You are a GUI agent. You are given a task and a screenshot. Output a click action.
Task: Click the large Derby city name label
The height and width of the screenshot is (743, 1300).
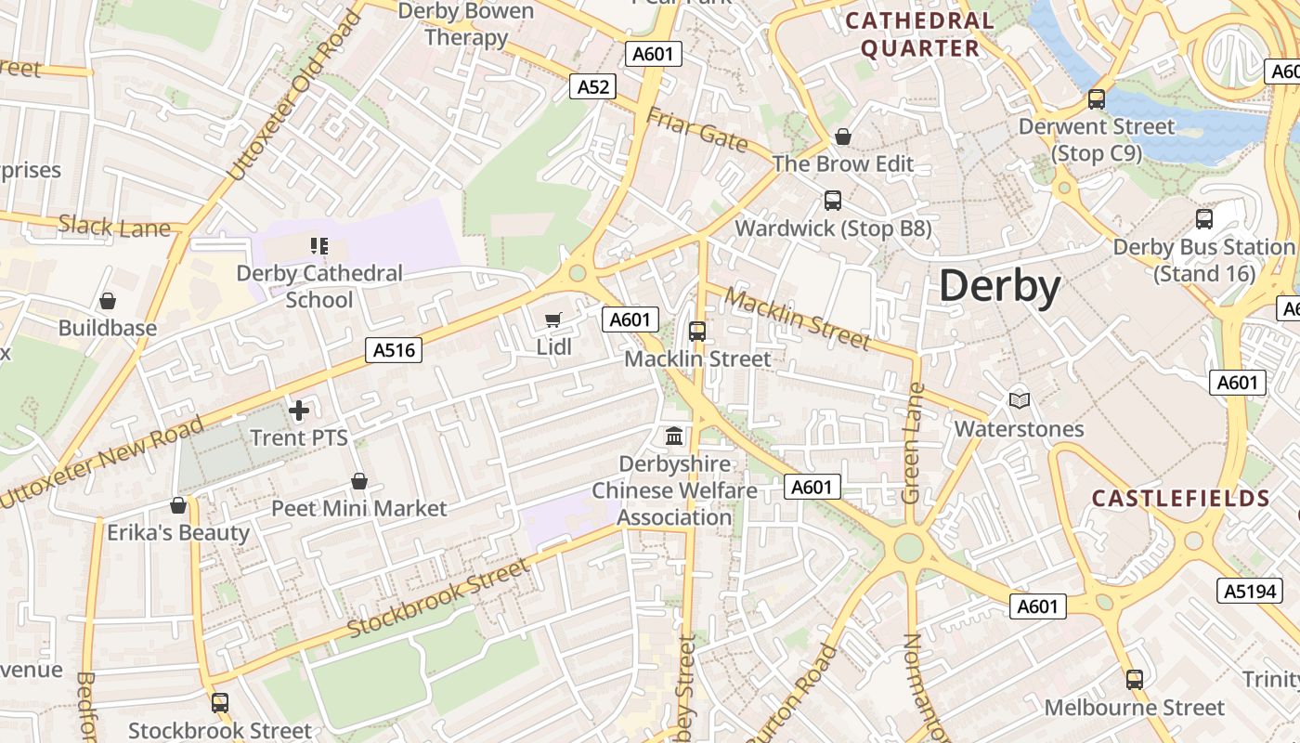click(1000, 286)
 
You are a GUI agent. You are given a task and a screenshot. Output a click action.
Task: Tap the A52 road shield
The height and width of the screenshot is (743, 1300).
click(593, 86)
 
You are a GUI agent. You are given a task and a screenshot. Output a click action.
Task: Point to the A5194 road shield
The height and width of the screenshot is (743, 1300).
click(1250, 591)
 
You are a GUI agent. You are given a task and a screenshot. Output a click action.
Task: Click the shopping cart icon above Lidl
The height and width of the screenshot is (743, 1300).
click(553, 320)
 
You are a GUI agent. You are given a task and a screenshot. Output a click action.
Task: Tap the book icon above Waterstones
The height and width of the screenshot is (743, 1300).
click(1020, 400)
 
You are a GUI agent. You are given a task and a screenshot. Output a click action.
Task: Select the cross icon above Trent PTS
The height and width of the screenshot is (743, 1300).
click(299, 410)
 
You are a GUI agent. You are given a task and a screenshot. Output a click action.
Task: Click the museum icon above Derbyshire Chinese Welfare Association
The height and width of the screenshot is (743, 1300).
click(675, 435)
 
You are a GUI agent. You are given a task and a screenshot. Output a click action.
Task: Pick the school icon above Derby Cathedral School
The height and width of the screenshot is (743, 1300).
click(319, 246)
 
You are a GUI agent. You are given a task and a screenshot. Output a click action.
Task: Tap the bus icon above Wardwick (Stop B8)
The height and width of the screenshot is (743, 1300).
click(833, 201)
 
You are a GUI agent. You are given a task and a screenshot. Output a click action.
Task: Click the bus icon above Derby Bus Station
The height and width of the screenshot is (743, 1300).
click(1204, 219)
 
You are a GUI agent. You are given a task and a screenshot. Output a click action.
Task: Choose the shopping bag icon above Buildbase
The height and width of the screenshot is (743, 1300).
click(108, 301)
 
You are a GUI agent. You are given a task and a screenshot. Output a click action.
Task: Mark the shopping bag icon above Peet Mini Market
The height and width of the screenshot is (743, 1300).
click(359, 481)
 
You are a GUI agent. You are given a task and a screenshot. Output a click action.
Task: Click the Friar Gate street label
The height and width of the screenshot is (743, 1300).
click(696, 129)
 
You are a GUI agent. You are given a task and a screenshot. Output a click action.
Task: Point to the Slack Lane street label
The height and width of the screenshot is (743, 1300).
click(114, 226)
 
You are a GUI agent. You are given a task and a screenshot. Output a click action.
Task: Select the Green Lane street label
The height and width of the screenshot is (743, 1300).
click(913, 443)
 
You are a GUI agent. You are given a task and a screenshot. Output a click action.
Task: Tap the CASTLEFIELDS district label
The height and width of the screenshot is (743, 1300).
click(1180, 499)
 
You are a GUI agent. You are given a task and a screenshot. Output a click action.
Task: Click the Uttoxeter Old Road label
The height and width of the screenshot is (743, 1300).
click(292, 97)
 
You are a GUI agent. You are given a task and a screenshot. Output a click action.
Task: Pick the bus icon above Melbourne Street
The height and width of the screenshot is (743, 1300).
click(1135, 680)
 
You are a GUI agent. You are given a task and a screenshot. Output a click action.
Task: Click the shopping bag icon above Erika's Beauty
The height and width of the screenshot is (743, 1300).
click(178, 505)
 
